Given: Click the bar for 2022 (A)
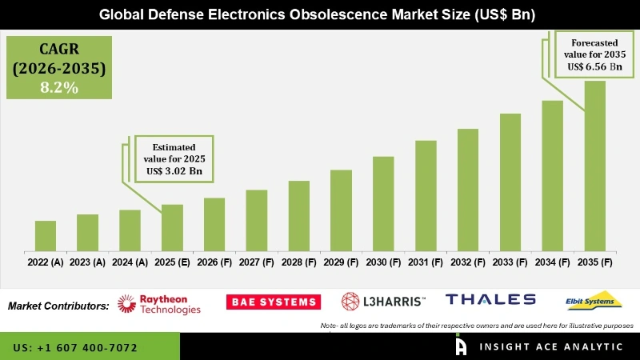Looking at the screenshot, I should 46,235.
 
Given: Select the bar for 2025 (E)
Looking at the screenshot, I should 172,227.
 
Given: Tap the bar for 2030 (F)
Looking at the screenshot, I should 383,203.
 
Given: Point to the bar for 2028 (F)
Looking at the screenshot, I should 298,215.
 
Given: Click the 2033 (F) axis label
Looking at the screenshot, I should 510,262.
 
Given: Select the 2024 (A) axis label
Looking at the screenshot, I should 130,262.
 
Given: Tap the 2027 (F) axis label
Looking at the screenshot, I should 256,262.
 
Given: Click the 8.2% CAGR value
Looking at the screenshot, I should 59,88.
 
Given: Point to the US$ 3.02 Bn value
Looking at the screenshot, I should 174,171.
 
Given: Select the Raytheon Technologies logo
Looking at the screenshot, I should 159,303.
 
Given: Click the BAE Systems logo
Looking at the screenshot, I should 273,302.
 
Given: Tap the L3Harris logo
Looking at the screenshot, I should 384,301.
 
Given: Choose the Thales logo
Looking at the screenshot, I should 490,299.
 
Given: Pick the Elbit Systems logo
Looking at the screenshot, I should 594,300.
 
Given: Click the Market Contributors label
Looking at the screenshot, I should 58,306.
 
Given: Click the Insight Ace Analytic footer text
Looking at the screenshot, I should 551,346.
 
